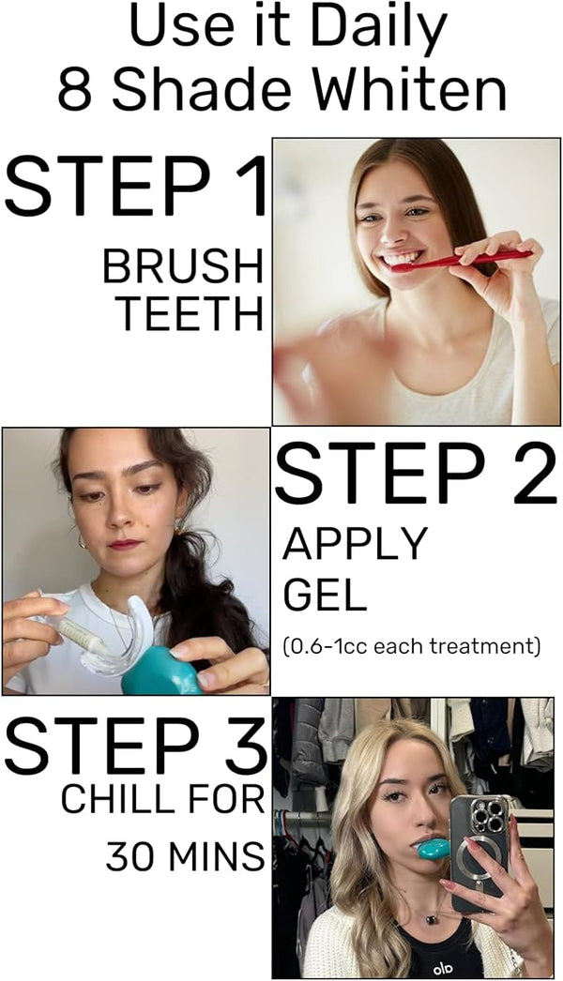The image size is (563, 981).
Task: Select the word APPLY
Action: (355, 544)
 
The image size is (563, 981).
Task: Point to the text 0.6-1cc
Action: (327, 645)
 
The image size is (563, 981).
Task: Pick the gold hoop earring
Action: (82, 541)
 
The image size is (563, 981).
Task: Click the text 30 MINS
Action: (185, 856)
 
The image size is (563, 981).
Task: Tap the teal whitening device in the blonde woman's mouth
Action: (434, 848)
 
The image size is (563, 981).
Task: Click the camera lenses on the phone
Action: (489, 815)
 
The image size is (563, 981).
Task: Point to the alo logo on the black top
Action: (442, 970)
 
